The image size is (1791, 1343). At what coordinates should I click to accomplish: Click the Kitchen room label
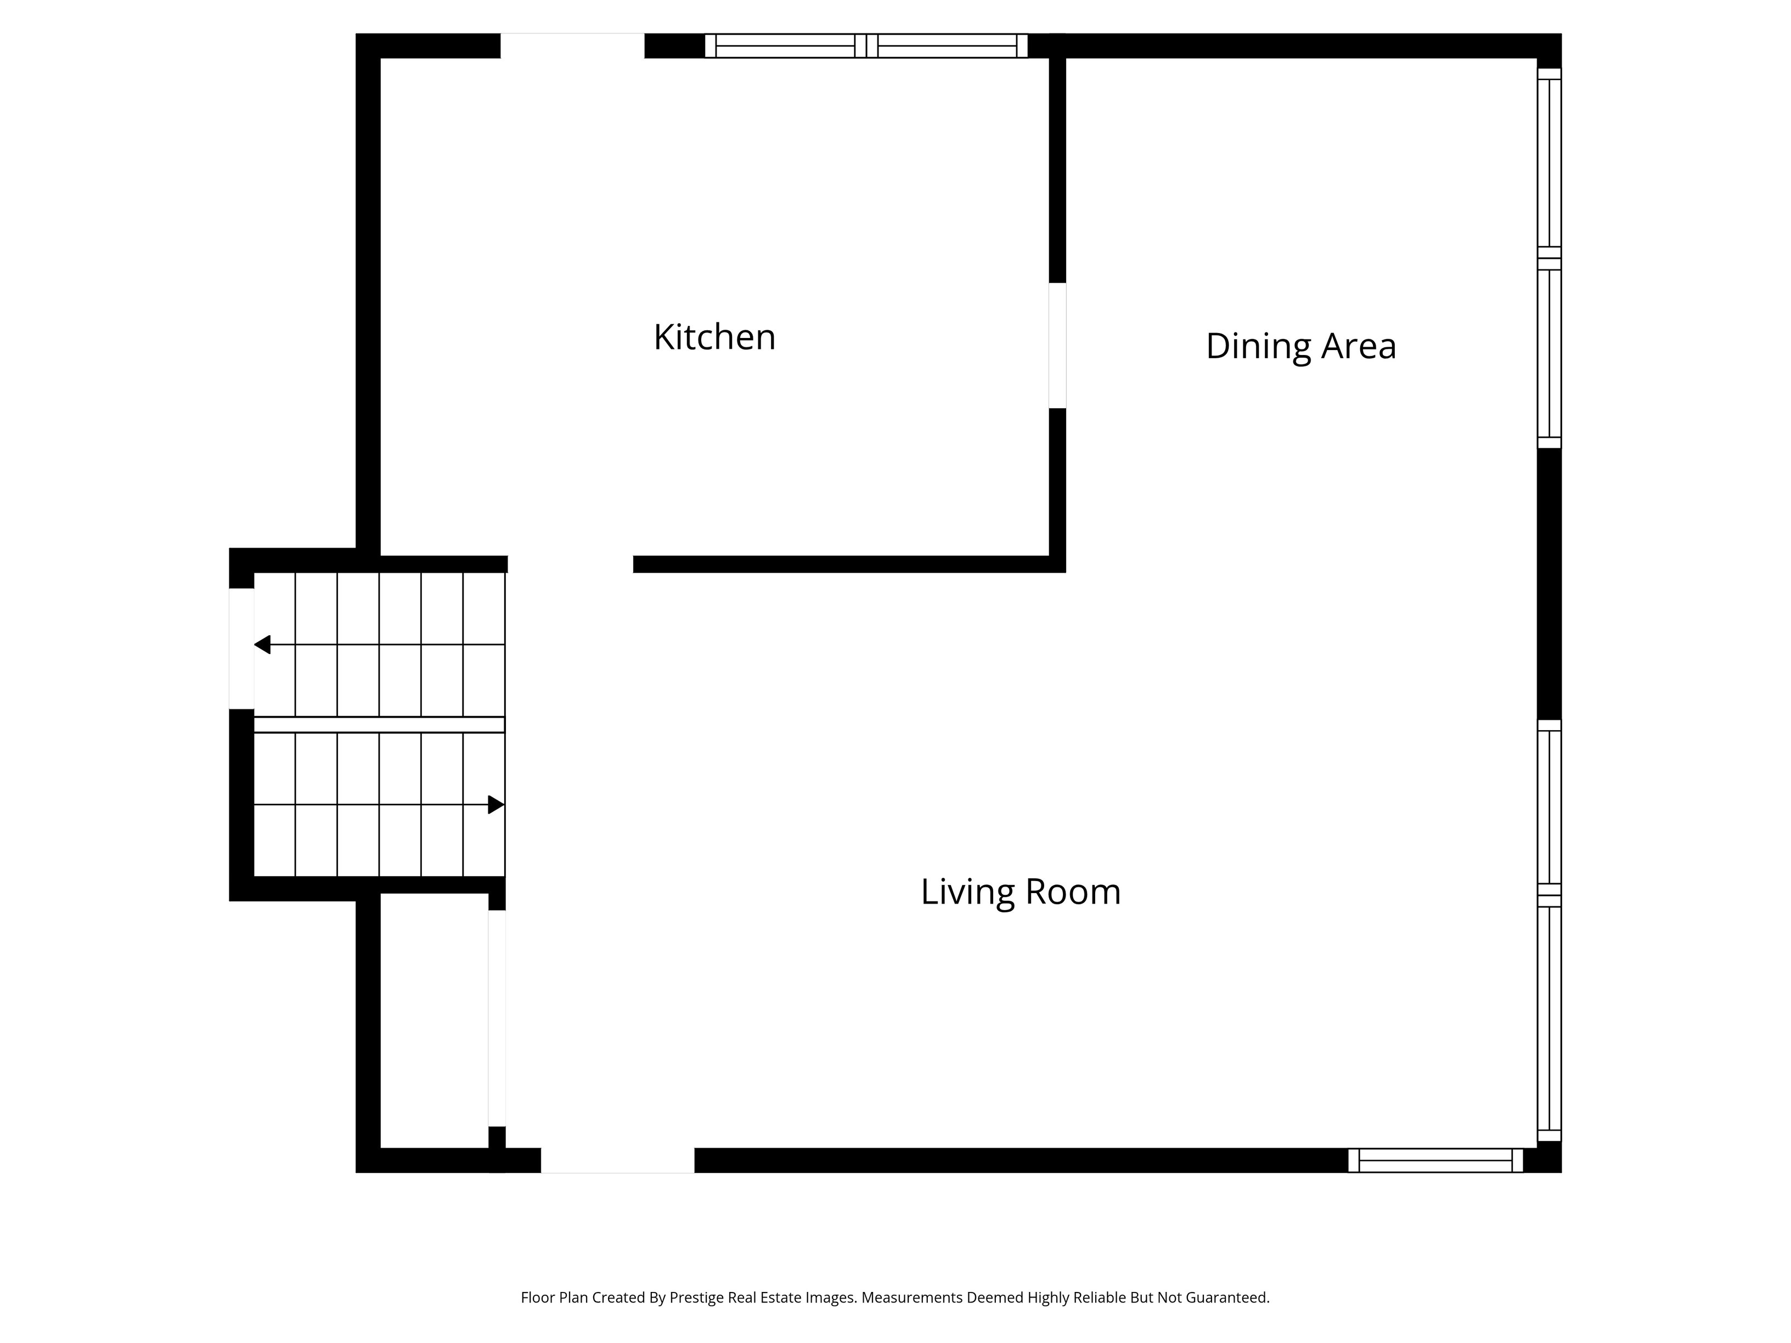click(714, 337)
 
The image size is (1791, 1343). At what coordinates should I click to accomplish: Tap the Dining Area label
click(1300, 347)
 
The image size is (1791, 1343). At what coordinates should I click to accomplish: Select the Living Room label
click(1020, 891)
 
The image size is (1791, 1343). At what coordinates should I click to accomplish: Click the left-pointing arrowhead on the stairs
click(262, 645)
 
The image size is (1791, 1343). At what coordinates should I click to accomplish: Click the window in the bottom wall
click(1435, 1160)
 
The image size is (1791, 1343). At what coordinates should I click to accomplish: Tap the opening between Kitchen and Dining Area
click(1057, 346)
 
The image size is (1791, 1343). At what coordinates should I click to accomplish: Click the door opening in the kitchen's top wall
click(572, 46)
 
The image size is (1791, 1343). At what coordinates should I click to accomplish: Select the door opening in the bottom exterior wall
click(617, 1160)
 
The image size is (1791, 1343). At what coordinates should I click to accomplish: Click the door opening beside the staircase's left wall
click(241, 648)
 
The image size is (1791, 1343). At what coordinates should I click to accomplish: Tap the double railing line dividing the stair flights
click(379, 725)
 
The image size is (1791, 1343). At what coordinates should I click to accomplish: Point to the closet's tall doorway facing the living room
click(497, 1018)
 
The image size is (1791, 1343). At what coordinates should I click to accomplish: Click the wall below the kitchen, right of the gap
click(842, 564)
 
